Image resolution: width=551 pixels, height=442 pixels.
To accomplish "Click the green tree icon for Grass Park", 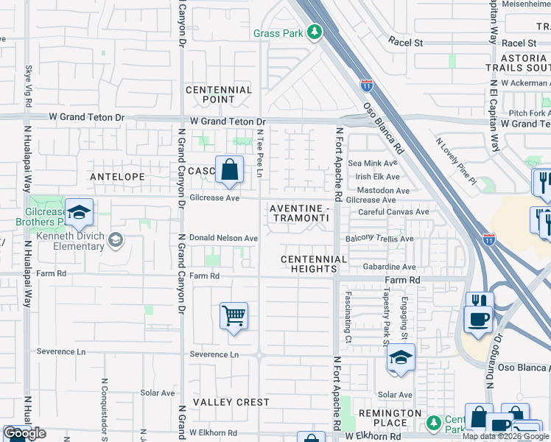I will (x=315, y=32).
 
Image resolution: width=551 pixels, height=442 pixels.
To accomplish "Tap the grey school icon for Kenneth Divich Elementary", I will (x=115, y=239).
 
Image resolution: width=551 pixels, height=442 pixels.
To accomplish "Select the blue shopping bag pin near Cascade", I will (x=230, y=170).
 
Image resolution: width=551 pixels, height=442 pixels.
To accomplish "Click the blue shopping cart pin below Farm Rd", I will (x=234, y=316).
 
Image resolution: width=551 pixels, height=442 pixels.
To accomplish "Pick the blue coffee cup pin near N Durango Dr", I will (x=479, y=319).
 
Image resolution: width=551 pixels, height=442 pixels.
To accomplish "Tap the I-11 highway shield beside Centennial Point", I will (x=367, y=86).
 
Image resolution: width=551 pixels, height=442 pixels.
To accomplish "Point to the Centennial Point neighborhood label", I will (x=219, y=94).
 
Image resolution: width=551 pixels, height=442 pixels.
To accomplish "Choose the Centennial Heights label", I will (x=313, y=264).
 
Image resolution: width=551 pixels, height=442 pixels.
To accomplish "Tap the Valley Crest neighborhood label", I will (x=231, y=402).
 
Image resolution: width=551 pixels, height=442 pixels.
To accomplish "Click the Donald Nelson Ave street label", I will (x=223, y=238).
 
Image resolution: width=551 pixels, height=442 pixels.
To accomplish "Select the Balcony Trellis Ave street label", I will (x=380, y=239).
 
